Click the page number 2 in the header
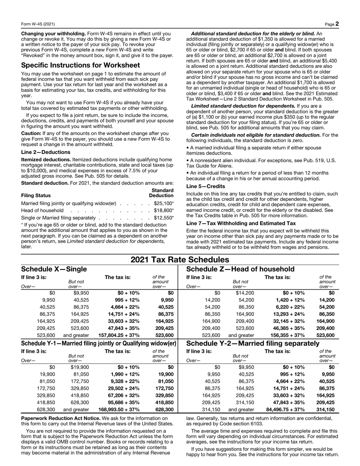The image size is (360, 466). [x=337, y=24]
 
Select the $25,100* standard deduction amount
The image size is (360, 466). [x=164, y=204]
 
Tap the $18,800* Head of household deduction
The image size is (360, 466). [x=164, y=210]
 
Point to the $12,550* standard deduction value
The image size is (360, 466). [x=164, y=218]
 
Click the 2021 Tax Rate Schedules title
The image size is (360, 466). [x=180, y=260]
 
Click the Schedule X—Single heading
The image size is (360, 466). [x=54, y=269]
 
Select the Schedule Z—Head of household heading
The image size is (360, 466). [x=240, y=269]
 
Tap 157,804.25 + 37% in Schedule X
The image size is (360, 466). [x=119, y=335]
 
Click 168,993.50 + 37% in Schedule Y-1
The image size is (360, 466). [x=119, y=410]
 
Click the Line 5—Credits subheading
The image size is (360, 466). [x=206, y=187]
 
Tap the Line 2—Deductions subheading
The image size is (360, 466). [x=45, y=152]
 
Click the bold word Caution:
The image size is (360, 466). [x=31, y=133]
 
